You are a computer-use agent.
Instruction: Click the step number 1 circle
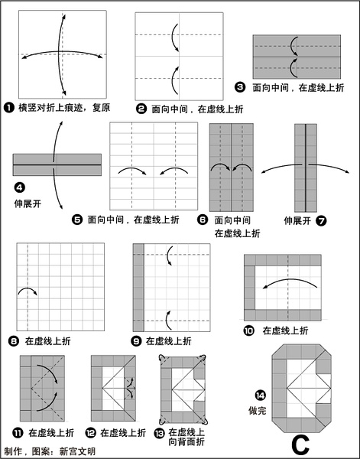[x=8, y=108]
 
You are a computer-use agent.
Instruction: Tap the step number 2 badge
[x=141, y=109]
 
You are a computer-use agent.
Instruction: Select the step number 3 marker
[x=240, y=87]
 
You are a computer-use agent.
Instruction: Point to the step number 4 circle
[x=19, y=187]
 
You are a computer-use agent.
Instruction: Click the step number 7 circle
[x=321, y=221]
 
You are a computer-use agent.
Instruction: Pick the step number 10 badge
[x=248, y=330]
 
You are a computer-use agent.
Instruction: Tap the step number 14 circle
[x=260, y=396]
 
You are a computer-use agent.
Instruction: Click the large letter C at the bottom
[x=300, y=445]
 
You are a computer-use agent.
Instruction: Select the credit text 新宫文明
[x=77, y=451]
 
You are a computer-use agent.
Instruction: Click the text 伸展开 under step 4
[x=28, y=203]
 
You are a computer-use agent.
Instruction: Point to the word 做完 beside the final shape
[x=258, y=410]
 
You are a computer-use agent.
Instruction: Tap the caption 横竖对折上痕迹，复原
[x=64, y=108]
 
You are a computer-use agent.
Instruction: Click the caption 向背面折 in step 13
[x=186, y=441]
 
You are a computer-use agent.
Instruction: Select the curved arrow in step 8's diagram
[x=28, y=288]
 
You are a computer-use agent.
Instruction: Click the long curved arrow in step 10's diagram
[x=290, y=280]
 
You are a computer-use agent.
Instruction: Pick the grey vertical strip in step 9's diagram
[x=138, y=288]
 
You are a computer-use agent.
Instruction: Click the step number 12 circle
[x=91, y=433]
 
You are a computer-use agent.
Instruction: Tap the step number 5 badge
[x=77, y=220]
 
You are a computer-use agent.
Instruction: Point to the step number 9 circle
[x=136, y=341]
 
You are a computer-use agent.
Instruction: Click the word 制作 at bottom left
[x=13, y=451]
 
